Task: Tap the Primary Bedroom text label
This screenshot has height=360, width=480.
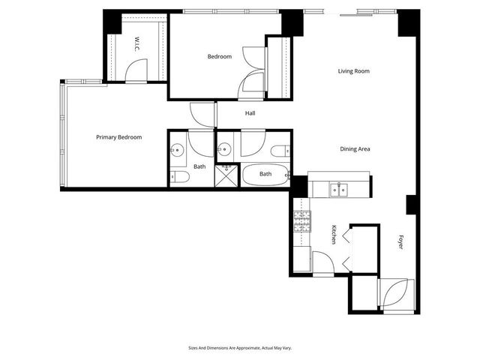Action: point(118,137)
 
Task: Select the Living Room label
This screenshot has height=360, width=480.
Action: point(353,71)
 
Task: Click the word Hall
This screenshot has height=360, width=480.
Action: point(250,113)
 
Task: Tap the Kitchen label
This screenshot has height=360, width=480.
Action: point(334,234)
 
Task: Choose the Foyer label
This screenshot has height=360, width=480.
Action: point(400,242)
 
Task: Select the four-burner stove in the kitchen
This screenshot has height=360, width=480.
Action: point(301,221)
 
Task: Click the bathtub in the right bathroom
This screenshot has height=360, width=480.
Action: point(265,175)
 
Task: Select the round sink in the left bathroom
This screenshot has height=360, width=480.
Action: point(177,148)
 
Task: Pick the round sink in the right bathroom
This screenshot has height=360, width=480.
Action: point(225,148)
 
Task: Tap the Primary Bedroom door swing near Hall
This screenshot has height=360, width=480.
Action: point(201,113)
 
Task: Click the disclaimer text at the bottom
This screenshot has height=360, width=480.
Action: point(240,347)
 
